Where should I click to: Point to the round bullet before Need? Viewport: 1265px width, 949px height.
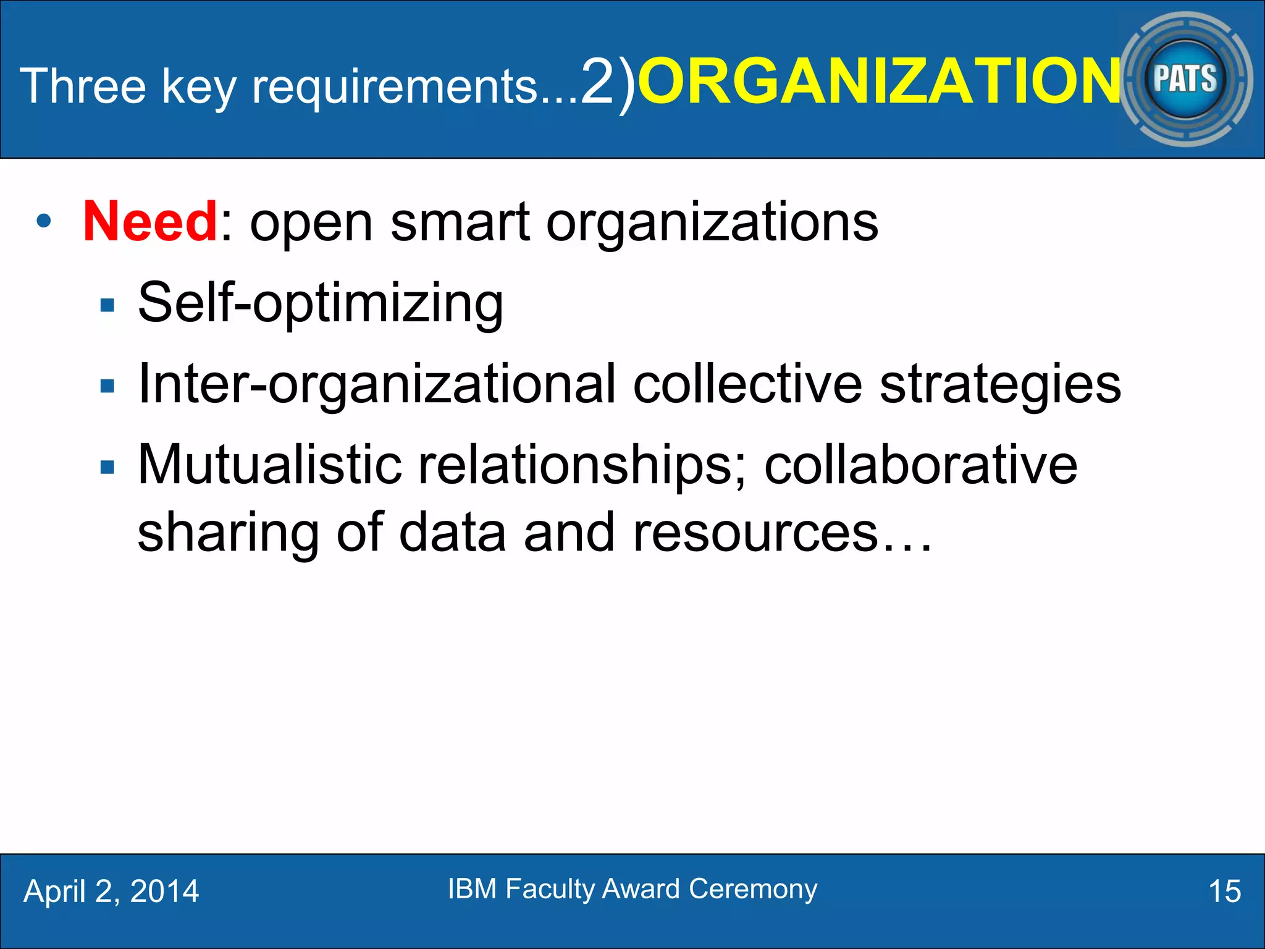tap(43, 221)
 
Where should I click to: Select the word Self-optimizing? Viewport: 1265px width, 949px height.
tap(320, 303)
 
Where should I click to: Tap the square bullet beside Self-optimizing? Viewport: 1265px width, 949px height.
tap(107, 305)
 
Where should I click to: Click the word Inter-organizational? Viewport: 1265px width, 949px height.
tap(377, 384)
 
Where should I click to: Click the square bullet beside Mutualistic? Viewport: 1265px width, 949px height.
tap(107, 466)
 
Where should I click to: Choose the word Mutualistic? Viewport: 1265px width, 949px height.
tap(270, 465)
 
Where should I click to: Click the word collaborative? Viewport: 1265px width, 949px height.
tap(920, 465)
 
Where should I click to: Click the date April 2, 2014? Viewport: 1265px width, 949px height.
tap(111, 892)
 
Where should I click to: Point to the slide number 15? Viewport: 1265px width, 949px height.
tap(1224, 892)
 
